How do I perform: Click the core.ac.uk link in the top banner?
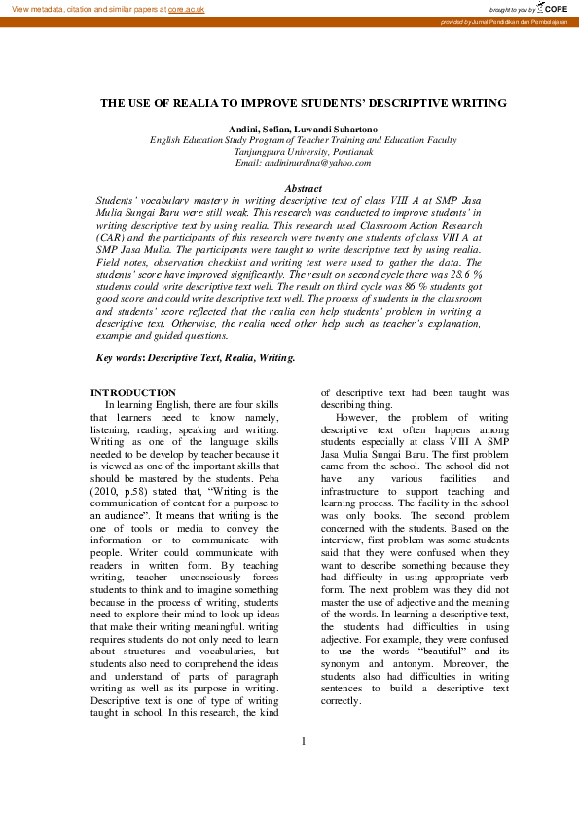[x=186, y=8]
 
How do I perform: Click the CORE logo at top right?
[x=555, y=7]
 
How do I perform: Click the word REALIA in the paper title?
[x=227, y=103]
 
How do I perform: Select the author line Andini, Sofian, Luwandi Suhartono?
[x=303, y=129]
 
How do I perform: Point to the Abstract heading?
[x=303, y=187]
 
